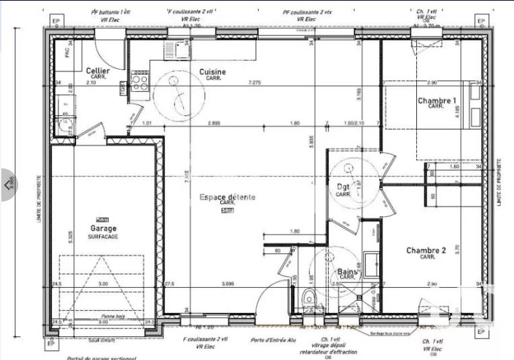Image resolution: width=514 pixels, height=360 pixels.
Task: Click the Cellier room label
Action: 98,71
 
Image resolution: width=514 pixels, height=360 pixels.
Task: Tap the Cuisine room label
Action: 213,71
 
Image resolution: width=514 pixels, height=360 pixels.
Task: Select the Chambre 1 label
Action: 437,101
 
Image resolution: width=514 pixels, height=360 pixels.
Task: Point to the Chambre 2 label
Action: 426,250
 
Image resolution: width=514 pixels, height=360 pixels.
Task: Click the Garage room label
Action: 102,229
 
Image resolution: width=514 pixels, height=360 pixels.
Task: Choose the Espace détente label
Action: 227,197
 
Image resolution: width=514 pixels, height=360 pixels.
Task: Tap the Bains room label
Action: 346,272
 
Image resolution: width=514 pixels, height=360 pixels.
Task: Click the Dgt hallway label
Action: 343,187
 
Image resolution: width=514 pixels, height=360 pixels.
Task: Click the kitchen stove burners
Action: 139,82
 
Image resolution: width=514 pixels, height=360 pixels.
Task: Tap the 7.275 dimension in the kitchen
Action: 254,82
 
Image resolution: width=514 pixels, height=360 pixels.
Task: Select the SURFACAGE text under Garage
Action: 102,237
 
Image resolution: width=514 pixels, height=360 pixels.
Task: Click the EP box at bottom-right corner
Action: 481,331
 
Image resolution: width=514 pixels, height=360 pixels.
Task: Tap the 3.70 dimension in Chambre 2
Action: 457,248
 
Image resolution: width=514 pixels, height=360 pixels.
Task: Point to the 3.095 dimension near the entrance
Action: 228,284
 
